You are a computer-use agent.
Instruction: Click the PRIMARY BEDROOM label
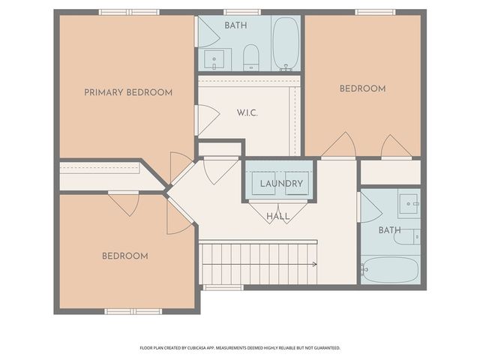pyautogui.click(x=128, y=92)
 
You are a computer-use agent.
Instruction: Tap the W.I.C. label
pyautogui.click(x=247, y=113)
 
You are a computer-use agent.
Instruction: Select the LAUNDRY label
pyautogui.click(x=282, y=184)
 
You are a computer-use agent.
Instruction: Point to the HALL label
pyautogui.click(x=278, y=217)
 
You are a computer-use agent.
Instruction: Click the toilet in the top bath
pyautogui.click(x=251, y=58)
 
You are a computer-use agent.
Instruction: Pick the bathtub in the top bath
pyautogui.click(x=286, y=43)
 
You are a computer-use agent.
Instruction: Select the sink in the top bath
pyautogui.click(x=214, y=60)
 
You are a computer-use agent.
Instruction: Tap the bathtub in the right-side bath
pyautogui.click(x=390, y=270)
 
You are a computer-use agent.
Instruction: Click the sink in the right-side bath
pyautogui.click(x=408, y=203)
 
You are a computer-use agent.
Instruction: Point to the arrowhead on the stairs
pyautogui.click(x=315, y=264)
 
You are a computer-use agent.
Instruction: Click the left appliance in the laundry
pyautogui.click(x=263, y=183)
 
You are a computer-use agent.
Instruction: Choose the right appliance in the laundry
pyautogui.click(x=297, y=183)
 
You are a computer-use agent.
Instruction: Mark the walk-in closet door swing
pyautogui.click(x=209, y=120)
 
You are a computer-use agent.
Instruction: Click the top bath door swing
pyautogui.click(x=209, y=31)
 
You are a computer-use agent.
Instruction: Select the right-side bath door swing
pyautogui.click(x=371, y=207)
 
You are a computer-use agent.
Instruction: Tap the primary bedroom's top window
pyautogui.click(x=129, y=12)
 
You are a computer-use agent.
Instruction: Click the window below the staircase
pyautogui.click(x=223, y=287)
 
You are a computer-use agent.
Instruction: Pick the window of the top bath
pyautogui.click(x=242, y=12)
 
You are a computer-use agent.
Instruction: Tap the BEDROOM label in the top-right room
pyautogui.click(x=363, y=88)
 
